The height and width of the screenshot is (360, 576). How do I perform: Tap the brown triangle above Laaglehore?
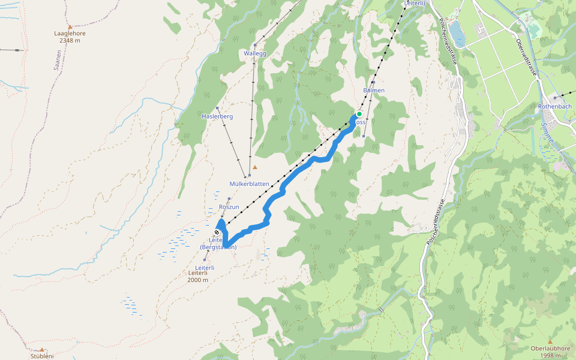pos(70,26)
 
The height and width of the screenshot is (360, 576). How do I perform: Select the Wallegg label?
pos(255,53)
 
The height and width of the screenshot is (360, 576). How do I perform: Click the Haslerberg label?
pos(217,116)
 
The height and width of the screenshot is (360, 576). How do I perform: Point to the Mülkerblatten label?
pos(249,184)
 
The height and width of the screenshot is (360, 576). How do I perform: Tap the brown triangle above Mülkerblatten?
pos(255,167)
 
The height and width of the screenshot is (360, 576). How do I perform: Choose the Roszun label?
pos(229,207)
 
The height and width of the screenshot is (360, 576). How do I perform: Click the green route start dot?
pos(359,114)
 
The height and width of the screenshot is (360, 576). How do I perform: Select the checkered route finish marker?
pos(217,232)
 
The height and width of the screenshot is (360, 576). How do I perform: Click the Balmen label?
pos(373,91)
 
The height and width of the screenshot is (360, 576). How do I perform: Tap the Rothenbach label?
pos(554,106)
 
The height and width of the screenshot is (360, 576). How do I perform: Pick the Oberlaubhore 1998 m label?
pos(550,352)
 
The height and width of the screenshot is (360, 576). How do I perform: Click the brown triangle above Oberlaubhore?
pos(550,341)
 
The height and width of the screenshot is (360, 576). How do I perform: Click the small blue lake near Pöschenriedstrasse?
pos(458,35)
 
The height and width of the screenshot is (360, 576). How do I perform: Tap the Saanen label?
pos(58,61)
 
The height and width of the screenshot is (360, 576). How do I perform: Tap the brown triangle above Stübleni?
pos(42,349)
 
